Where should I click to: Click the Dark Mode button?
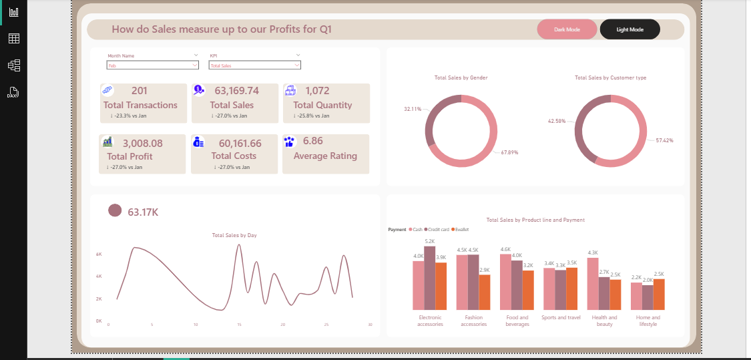[x=567, y=29]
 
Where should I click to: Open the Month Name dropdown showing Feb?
[x=153, y=65]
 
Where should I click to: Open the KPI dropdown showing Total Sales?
[x=254, y=65]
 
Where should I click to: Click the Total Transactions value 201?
[x=140, y=91]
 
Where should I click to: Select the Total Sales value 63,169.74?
[x=236, y=91]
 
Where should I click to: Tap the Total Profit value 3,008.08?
[x=142, y=143]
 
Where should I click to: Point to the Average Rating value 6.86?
[x=313, y=141]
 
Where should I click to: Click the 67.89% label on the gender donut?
[x=509, y=153]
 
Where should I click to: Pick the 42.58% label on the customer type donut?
[x=556, y=122]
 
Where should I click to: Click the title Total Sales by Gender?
[x=461, y=78]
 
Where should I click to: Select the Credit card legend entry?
[x=438, y=229]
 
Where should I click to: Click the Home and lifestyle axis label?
[x=648, y=321]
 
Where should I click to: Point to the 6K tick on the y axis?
[x=99, y=254]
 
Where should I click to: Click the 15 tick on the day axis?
[x=239, y=325]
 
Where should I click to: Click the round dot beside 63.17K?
[x=115, y=211]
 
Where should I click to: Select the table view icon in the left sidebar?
[x=13, y=38]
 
